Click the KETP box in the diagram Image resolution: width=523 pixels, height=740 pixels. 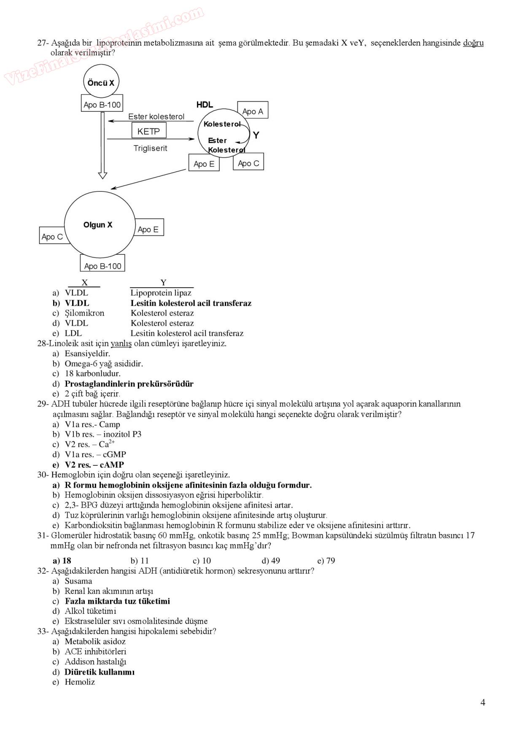[148, 131]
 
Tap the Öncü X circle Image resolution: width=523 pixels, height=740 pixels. [101, 82]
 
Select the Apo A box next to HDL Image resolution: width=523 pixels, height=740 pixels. [253, 111]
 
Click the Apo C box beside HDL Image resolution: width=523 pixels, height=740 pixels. [248, 163]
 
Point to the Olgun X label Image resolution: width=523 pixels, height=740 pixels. [98, 225]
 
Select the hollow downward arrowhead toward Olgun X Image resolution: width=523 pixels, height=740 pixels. [102, 175]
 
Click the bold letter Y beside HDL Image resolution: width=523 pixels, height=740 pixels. [256, 135]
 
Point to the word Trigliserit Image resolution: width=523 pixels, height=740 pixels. [150, 148]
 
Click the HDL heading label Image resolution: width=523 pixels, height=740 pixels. [205, 105]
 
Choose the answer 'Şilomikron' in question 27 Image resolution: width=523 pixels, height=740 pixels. [84, 313]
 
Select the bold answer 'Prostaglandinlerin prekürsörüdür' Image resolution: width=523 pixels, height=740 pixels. [129, 384]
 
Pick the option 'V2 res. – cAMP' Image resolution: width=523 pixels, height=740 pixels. [94, 465]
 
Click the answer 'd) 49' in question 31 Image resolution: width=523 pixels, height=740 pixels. [271, 561]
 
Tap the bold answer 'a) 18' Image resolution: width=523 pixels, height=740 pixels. [62, 561]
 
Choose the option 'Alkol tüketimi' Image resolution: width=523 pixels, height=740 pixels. [90, 611]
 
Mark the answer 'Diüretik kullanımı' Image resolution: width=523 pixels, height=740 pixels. [100, 672]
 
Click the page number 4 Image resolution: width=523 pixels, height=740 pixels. [483, 702]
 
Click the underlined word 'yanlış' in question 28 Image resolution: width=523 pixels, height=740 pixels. [121, 343]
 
